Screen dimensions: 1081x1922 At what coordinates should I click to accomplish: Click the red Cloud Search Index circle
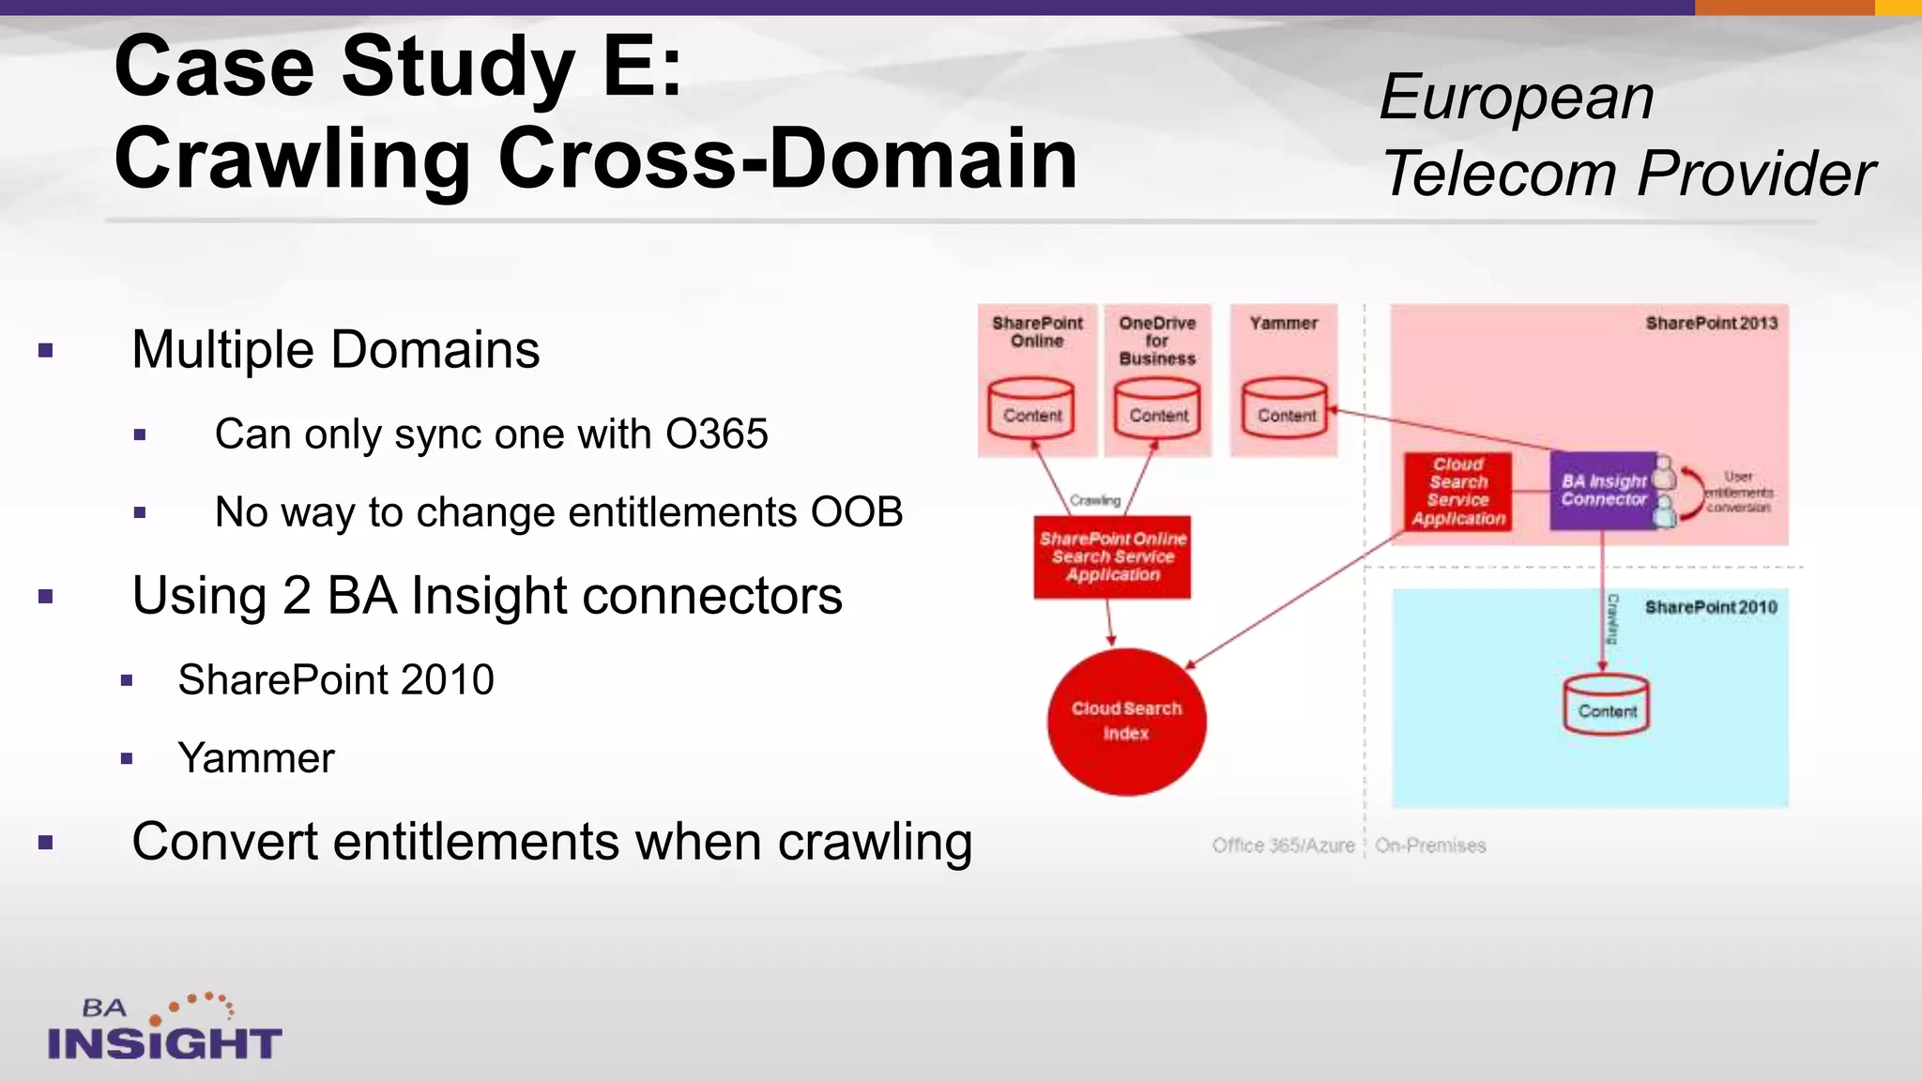coord(1126,721)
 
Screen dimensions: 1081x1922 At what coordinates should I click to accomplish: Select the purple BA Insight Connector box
coord(1603,490)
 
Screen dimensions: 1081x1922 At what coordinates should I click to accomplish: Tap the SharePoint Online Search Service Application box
coord(1112,556)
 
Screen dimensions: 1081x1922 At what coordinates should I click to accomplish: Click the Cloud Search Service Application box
coord(1457,492)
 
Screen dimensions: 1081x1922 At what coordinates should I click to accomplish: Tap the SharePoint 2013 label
coord(1711,323)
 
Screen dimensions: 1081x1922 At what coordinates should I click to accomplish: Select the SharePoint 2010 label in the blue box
coord(1711,607)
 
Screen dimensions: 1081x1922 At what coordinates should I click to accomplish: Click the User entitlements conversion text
coord(1738,492)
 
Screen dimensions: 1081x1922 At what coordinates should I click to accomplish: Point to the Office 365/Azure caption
coord(1283,845)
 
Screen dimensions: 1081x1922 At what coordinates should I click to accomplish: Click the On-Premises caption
coord(1430,845)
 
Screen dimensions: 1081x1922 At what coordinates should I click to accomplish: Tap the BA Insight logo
coord(164,1029)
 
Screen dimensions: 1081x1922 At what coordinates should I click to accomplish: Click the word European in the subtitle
coord(1516,97)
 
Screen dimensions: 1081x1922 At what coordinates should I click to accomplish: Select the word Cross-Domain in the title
coord(787,159)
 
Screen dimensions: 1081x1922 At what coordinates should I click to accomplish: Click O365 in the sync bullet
coord(716,434)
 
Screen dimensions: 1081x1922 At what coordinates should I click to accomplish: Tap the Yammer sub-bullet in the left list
coord(255,758)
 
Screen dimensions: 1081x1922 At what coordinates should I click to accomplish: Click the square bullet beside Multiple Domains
coord(46,352)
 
